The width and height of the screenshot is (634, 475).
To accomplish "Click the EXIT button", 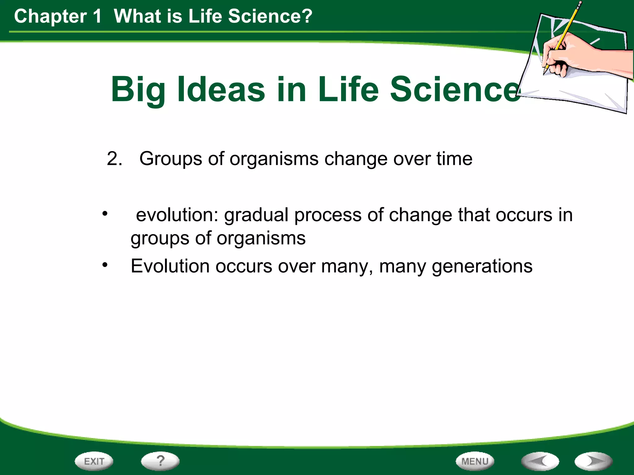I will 94,461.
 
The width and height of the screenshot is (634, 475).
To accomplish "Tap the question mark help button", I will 160,461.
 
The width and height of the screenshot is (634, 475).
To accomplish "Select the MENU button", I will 475,461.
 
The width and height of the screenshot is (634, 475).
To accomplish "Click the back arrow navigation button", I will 540,461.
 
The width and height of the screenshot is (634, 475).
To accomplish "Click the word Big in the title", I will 138,90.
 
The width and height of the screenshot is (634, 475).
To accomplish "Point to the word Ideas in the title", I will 221,90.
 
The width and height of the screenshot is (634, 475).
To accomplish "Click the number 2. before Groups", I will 114,159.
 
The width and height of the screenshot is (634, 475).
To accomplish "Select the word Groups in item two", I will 171,159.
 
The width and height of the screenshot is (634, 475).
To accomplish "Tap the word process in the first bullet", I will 328,216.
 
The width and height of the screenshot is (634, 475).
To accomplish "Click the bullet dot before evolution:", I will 105,213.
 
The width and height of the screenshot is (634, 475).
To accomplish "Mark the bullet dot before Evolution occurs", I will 105,265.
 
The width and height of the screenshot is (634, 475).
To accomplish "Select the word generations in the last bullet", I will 482,267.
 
